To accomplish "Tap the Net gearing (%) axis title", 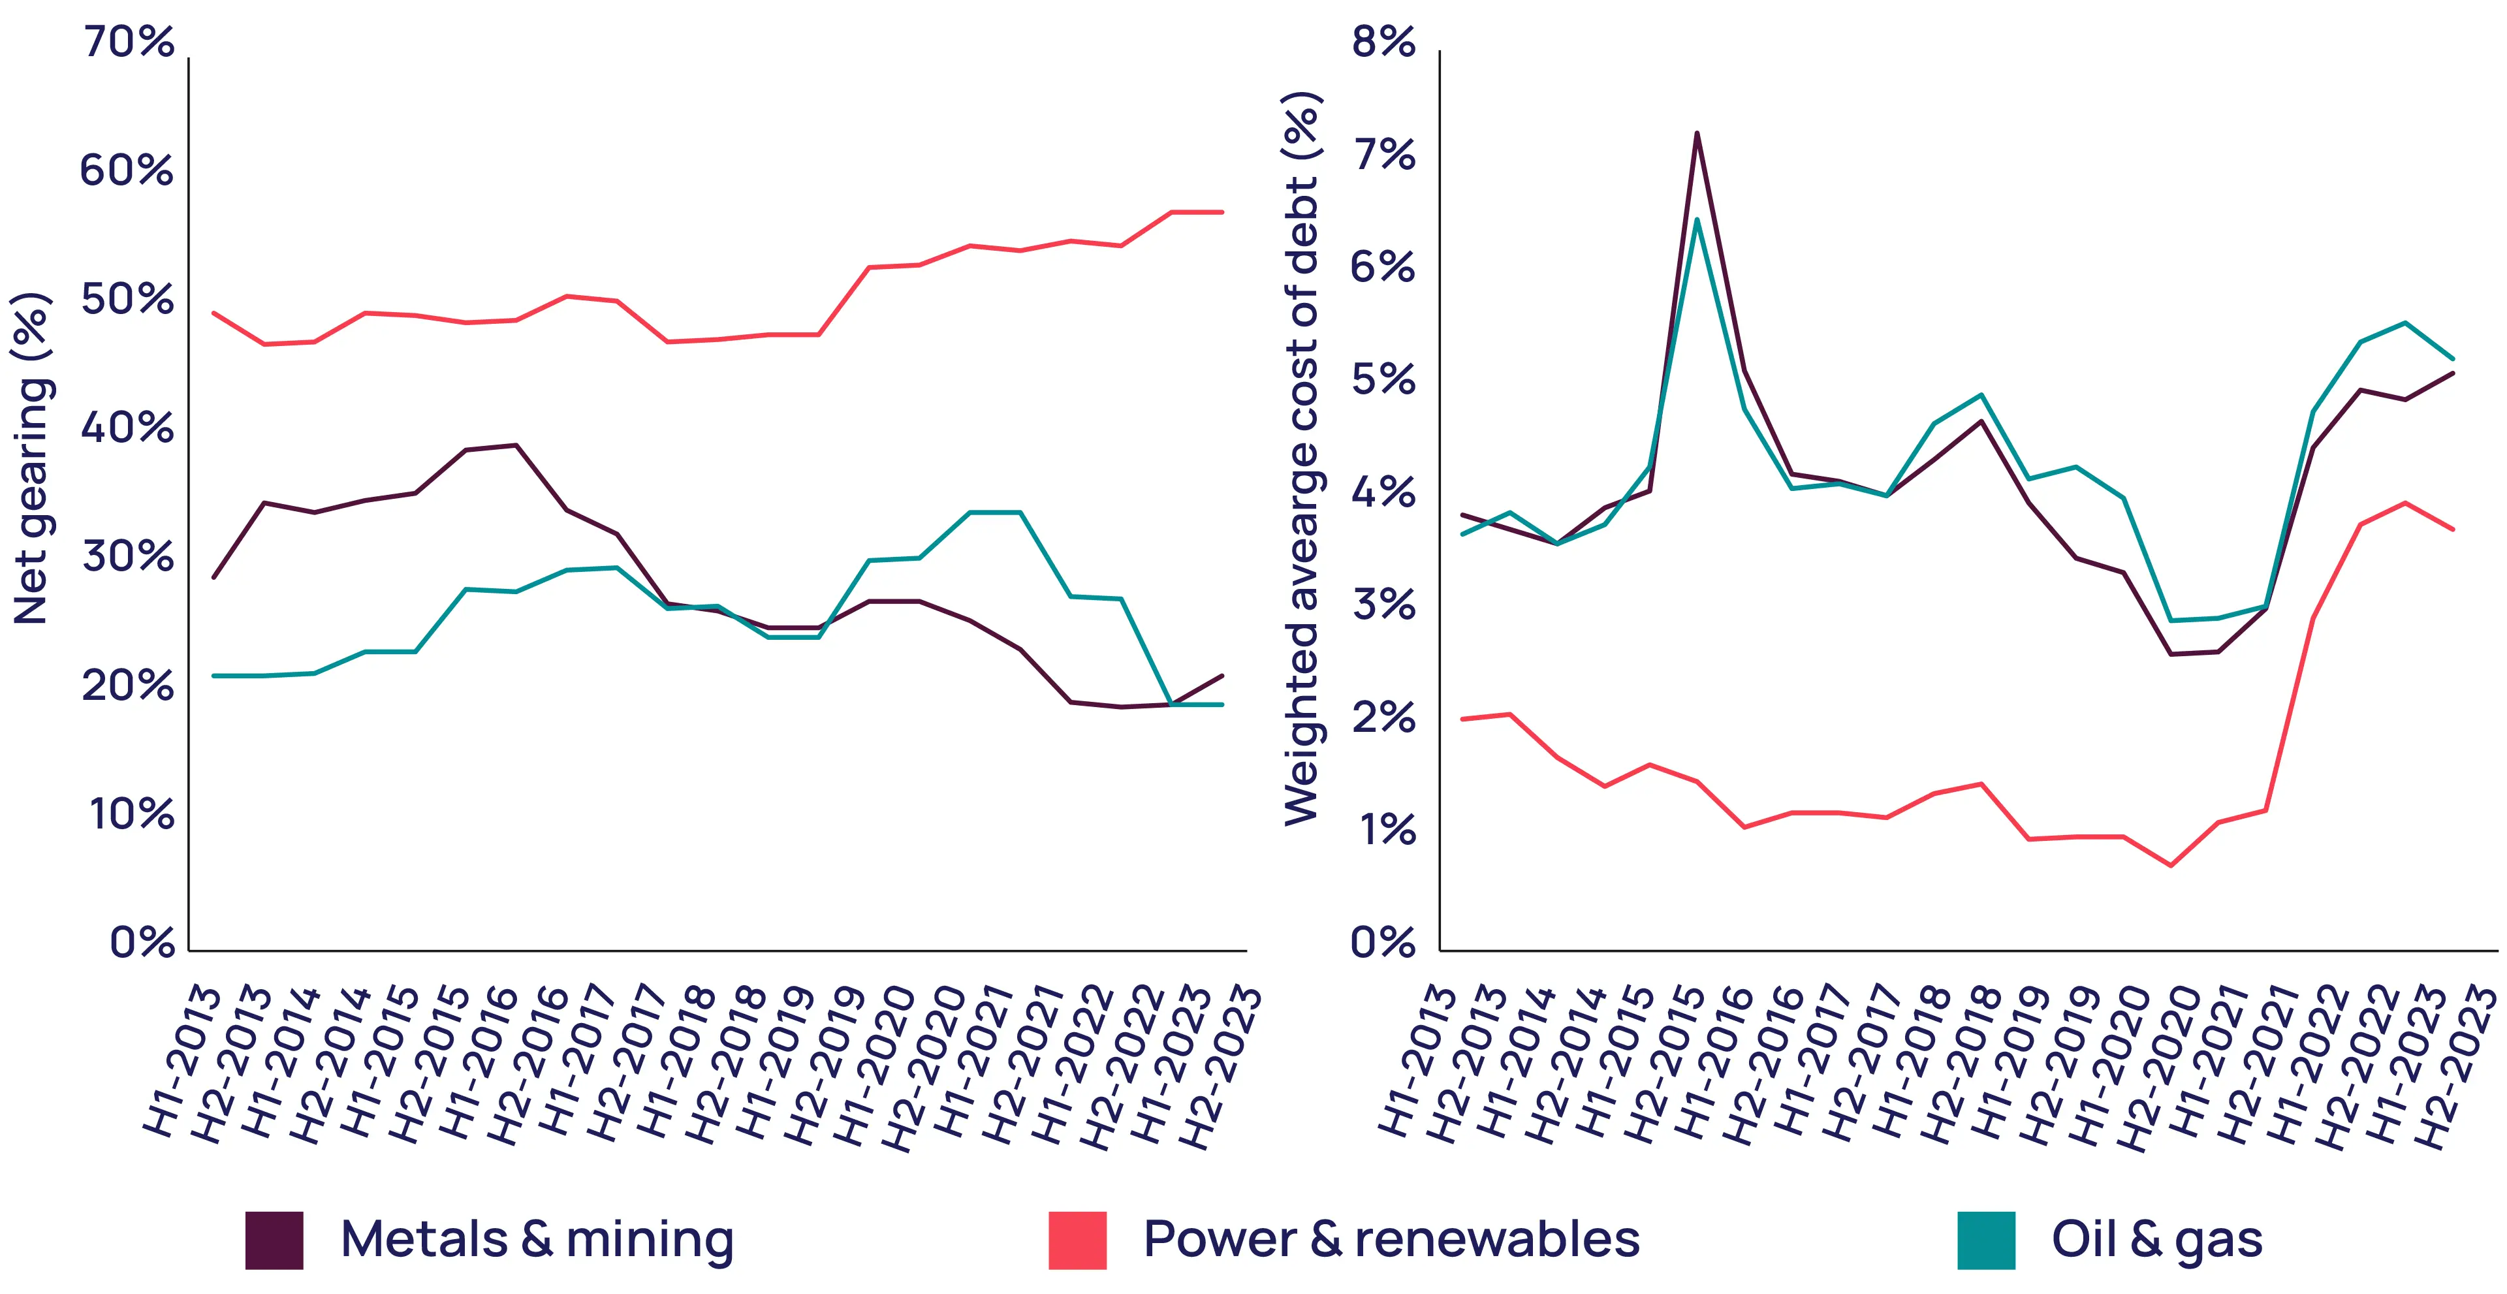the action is pyautogui.click(x=31, y=457).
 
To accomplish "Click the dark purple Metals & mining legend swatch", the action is pyautogui.click(x=274, y=1240).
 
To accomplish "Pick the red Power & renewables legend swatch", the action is pyautogui.click(x=1077, y=1240).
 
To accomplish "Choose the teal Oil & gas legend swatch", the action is pyautogui.click(x=1986, y=1240).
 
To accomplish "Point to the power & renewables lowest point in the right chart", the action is pyautogui.click(x=2170, y=865).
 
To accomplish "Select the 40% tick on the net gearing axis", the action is pyautogui.click(x=129, y=427).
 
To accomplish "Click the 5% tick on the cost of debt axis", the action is pyautogui.click(x=1383, y=379).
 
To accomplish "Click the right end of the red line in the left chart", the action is pyautogui.click(x=1222, y=212).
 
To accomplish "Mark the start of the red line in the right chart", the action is pyautogui.click(x=1462, y=719).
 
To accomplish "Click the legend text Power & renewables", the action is pyautogui.click(x=1392, y=1240).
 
